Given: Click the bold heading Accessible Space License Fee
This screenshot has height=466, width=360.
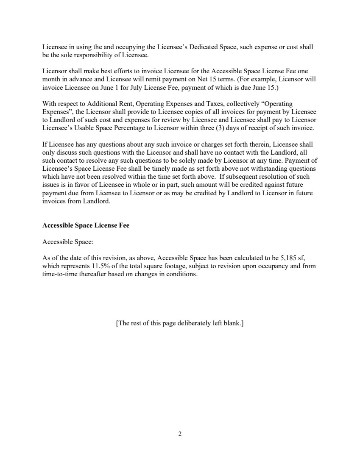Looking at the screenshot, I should [x=86, y=226].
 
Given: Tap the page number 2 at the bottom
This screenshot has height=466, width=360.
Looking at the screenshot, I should [x=180, y=434].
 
